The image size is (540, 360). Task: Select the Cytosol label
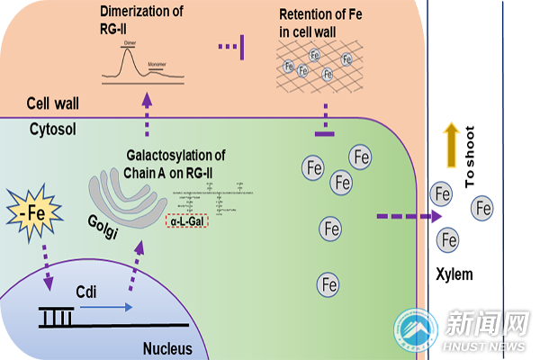[53, 129]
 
